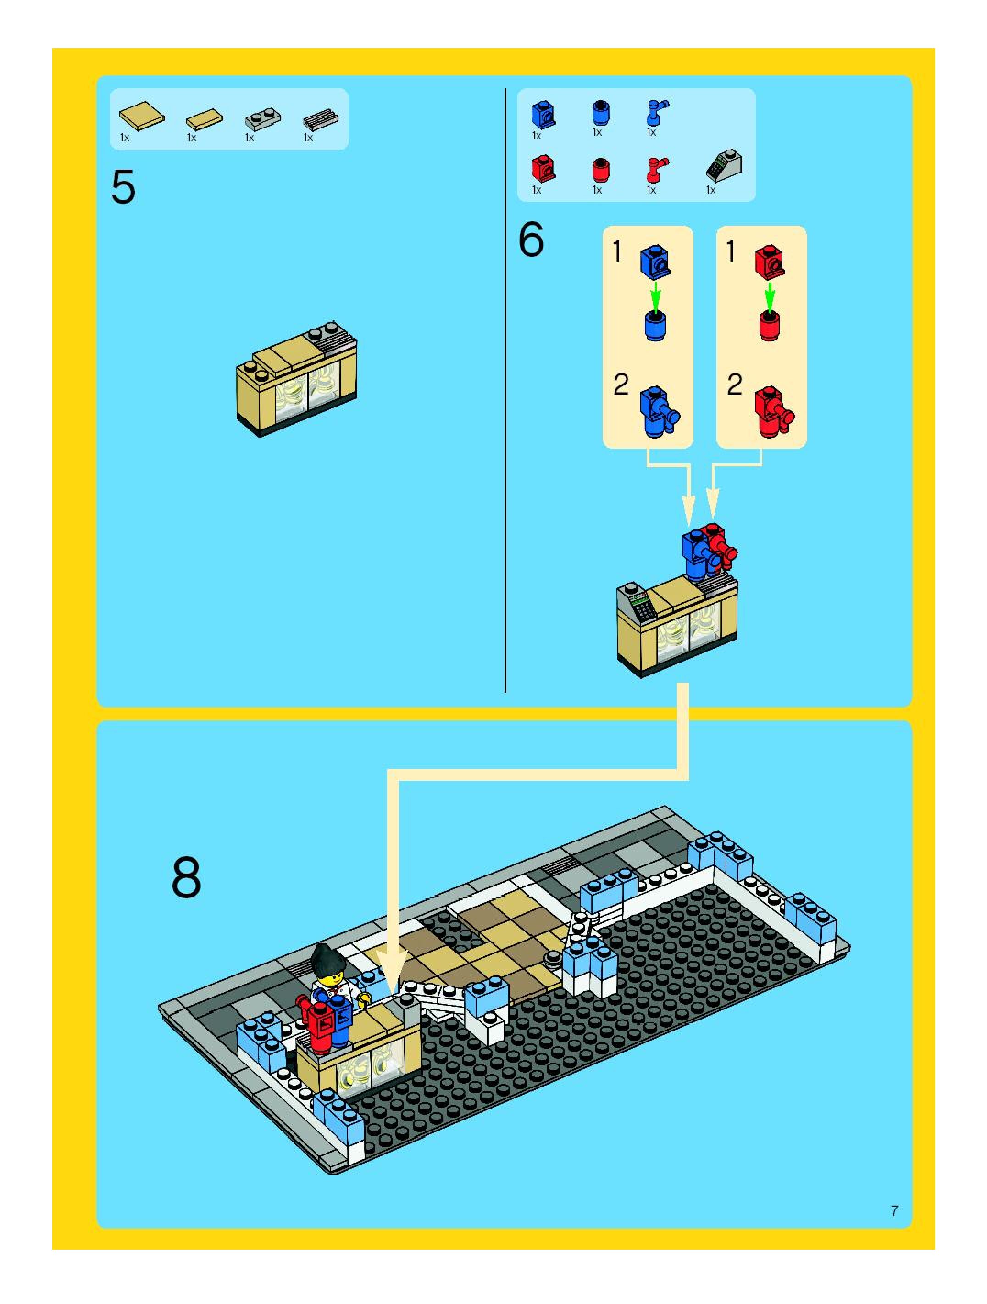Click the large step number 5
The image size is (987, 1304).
point(123,187)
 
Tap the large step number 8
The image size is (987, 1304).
point(186,878)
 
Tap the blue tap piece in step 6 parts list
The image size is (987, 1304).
point(655,112)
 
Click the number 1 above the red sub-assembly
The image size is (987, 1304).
point(731,252)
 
